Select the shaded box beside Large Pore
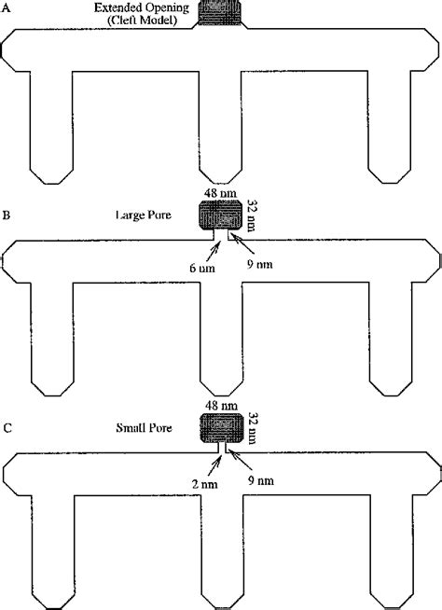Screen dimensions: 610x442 click(x=221, y=216)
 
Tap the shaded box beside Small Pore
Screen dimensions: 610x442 click(x=221, y=427)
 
